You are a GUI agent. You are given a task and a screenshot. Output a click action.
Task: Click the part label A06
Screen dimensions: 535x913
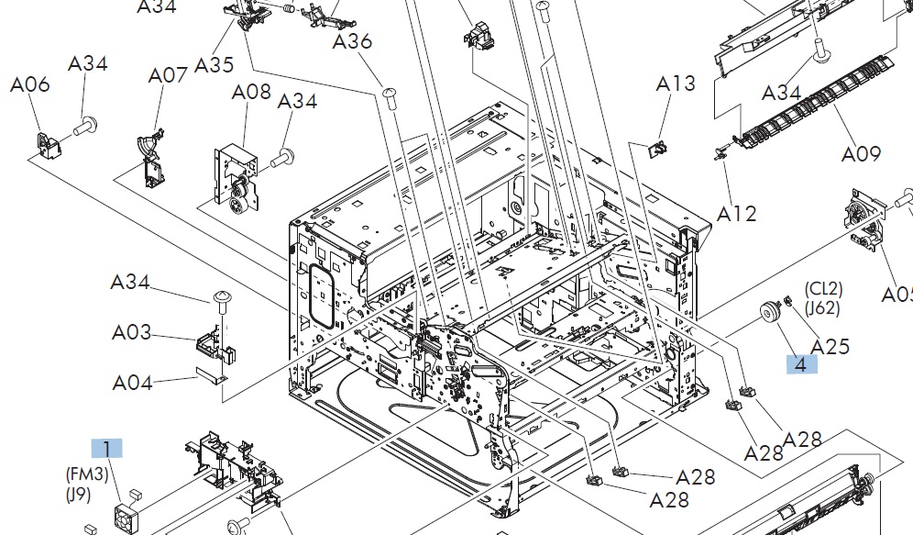pos(30,85)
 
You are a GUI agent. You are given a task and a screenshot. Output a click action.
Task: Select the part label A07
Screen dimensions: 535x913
pos(168,75)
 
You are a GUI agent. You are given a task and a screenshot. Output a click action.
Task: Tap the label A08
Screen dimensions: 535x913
pos(251,92)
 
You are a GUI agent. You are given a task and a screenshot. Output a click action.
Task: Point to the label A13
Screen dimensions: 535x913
pos(676,84)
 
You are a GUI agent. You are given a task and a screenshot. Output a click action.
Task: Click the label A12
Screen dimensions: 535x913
pos(737,214)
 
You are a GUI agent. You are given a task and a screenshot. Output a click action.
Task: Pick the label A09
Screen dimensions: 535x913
pos(861,154)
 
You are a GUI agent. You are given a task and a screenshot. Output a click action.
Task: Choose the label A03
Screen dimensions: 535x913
pos(132,332)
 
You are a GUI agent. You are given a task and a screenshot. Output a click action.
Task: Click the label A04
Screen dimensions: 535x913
pos(132,383)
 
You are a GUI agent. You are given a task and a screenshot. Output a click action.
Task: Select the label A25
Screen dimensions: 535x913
pos(830,346)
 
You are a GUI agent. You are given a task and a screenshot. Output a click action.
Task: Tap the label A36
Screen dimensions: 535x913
pos(352,41)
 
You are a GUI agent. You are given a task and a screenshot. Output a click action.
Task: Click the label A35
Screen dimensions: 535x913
pos(214,65)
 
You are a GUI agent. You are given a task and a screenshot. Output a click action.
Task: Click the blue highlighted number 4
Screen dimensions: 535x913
pos(801,364)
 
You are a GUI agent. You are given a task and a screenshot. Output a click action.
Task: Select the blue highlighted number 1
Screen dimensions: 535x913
pos(106,449)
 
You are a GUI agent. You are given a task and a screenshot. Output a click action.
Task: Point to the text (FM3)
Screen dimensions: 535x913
pos(87,474)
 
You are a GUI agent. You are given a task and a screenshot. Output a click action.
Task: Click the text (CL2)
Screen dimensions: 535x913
pos(824,289)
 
